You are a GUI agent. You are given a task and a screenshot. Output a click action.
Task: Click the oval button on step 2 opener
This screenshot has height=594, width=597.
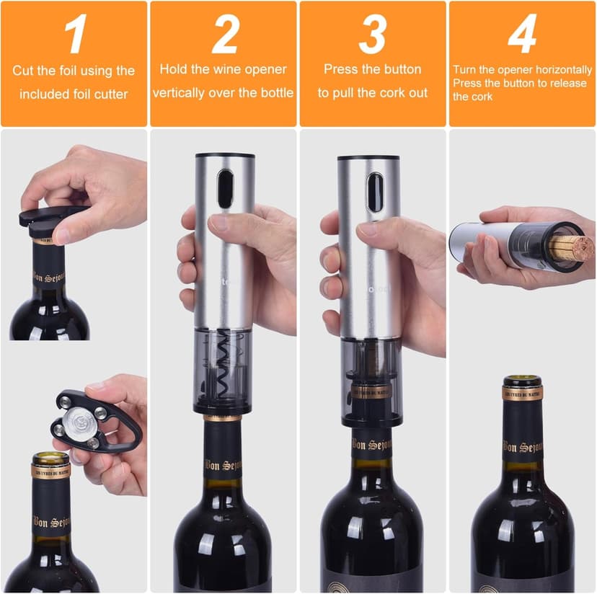coord(226,189)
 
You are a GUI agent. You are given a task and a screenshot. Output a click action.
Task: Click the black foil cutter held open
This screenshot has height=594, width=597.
coord(90,420)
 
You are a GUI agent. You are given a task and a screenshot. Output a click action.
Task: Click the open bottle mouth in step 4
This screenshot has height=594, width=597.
coord(523,381)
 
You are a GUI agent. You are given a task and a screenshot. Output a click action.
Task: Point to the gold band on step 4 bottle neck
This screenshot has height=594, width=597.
coord(523,394)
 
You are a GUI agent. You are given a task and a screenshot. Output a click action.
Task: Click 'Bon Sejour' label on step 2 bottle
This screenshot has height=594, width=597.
coord(223,466)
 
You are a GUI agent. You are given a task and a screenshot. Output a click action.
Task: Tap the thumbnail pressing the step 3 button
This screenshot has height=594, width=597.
coord(368,230)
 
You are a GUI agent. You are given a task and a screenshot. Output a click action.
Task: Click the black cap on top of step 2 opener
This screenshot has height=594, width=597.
coord(225,155)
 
